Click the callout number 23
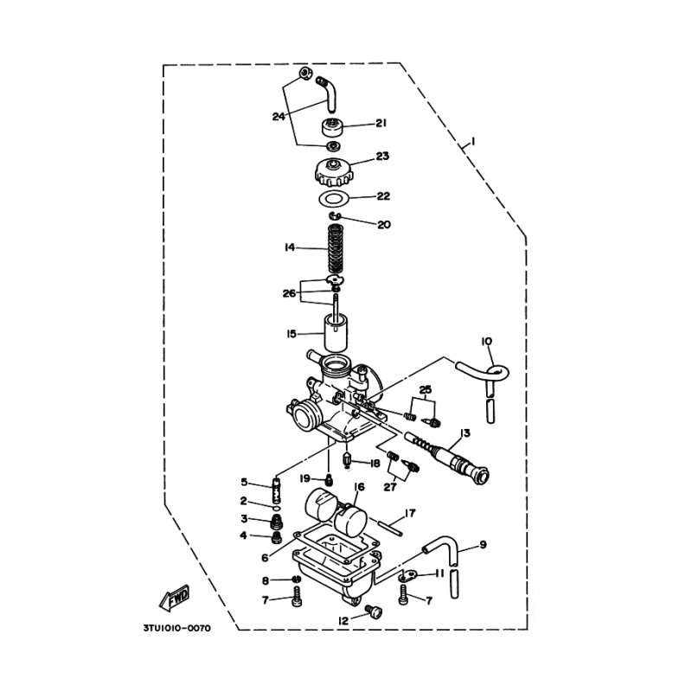coord(381,157)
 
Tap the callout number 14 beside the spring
coord(290,247)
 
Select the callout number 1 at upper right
coord(471,142)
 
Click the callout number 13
coord(465,432)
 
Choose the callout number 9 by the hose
coord(483,544)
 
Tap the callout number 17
coord(411,512)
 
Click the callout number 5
coord(245,482)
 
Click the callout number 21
coord(381,124)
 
